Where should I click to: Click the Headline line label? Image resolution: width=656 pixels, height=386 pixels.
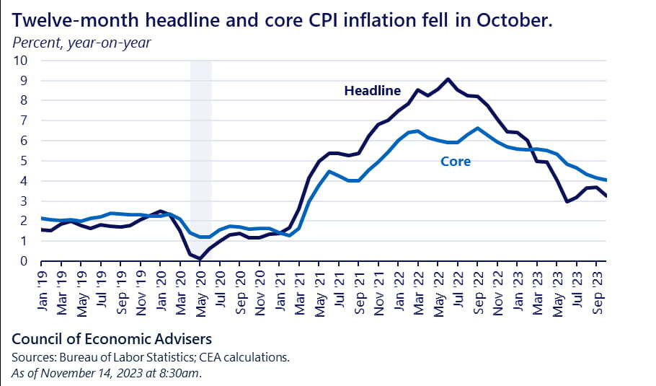[x=372, y=91]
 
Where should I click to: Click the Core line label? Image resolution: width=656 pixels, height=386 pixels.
[x=455, y=162]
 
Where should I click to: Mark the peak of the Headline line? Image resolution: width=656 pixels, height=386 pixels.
[x=448, y=79]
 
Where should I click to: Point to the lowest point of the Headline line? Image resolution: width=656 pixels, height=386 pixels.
[x=200, y=259]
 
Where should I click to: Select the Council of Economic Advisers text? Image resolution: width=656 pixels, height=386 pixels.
[x=112, y=338]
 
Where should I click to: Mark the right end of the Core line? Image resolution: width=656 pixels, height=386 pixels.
[x=606, y=180]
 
